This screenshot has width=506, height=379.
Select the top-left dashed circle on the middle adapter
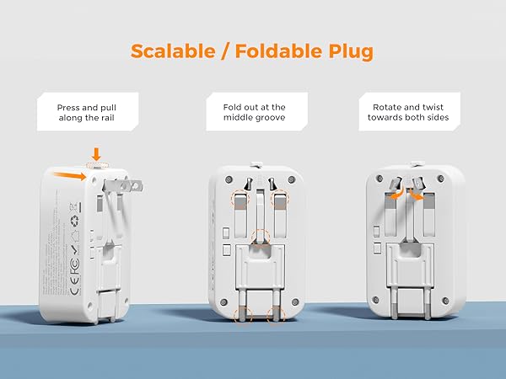[x=239, y=199]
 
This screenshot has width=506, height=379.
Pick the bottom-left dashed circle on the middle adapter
[x=242, y=313]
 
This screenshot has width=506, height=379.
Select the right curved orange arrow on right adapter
[x=416, y=194]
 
